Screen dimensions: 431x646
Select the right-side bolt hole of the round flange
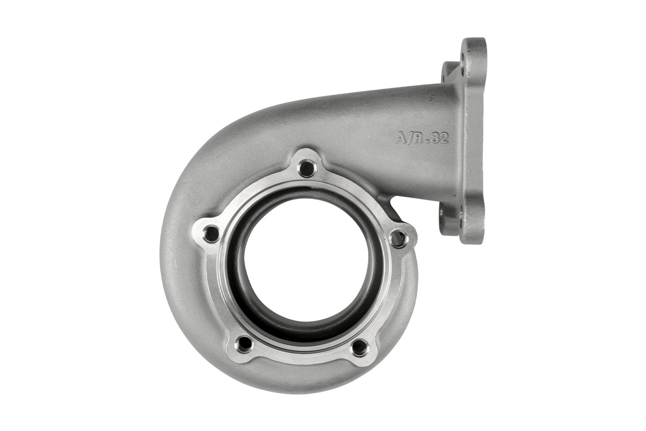[396, 239]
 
